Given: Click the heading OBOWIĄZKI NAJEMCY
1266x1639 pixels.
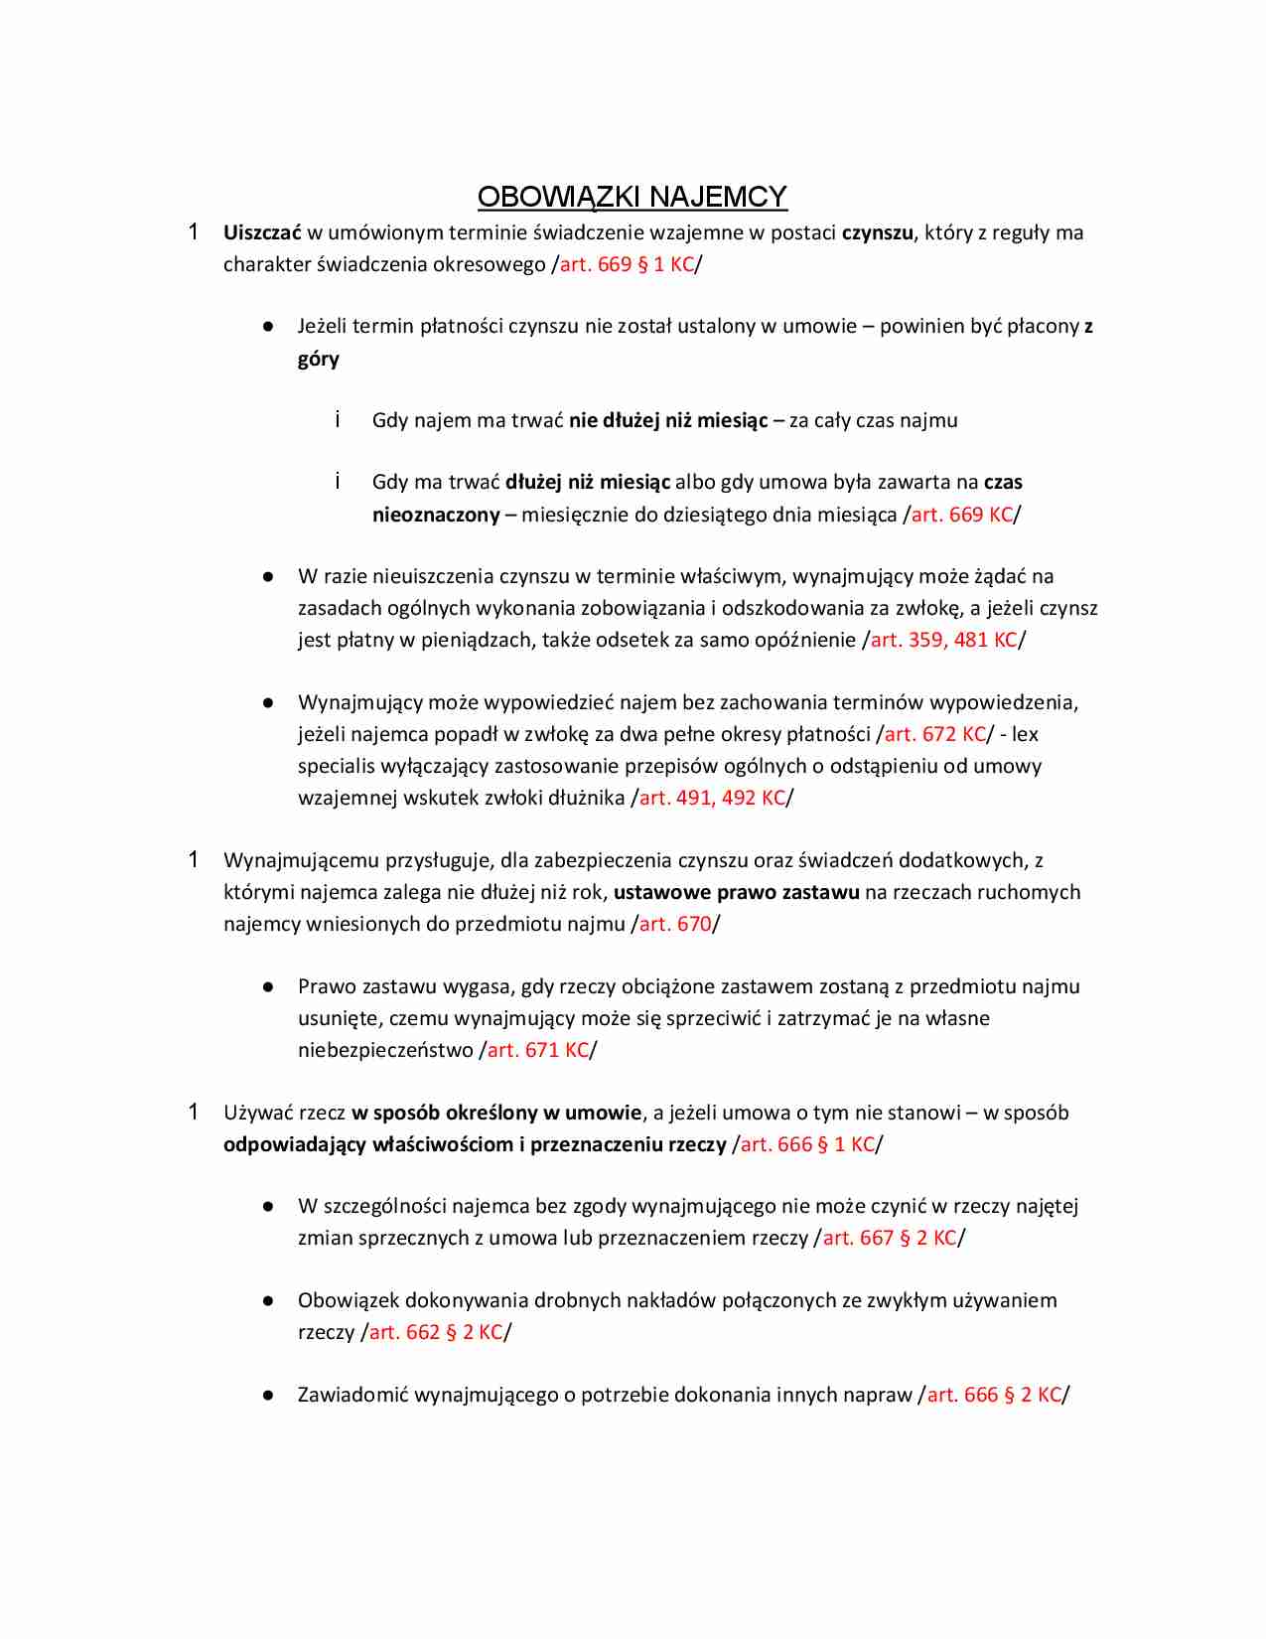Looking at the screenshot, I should (x=632, y=197).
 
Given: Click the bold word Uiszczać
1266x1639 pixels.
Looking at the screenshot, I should (x=262, y=232).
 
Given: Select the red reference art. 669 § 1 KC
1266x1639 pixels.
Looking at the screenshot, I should (x=627, y=264).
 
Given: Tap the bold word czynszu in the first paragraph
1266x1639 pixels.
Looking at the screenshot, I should (x=877, y=232).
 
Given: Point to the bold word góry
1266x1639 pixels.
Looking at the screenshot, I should (x=319, y=359).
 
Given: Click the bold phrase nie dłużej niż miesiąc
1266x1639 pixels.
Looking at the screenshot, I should (x=668, y=420).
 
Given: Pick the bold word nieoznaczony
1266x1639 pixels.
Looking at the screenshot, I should (x=436, y=515).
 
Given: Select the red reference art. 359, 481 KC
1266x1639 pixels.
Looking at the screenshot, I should (x=943, y=640).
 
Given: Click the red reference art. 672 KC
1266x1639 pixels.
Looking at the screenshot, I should (x=934, y=734).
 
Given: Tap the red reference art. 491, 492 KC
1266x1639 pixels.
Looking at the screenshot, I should (x=712, y=798).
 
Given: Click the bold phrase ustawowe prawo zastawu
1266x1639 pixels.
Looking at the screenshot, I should (x=736, y=892).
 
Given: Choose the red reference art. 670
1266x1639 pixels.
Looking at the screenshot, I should (x=675, y=924).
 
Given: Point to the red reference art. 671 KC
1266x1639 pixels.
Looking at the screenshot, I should (x=537, y=1050).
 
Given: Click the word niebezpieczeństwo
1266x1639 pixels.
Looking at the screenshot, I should (x=385, y=1050).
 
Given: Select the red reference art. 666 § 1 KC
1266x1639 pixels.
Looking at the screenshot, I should (x=807, y=1144).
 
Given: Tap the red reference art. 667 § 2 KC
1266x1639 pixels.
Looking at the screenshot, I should (x=890, y=1238).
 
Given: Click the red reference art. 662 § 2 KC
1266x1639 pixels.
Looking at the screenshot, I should (x=436, y=1332).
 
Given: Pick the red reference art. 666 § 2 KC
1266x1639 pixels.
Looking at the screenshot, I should (x=994, y=1395).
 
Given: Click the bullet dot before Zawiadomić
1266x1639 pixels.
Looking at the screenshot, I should (x=268, y=1395).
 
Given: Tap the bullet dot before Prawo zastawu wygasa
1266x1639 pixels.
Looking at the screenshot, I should (x=268, y=986).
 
